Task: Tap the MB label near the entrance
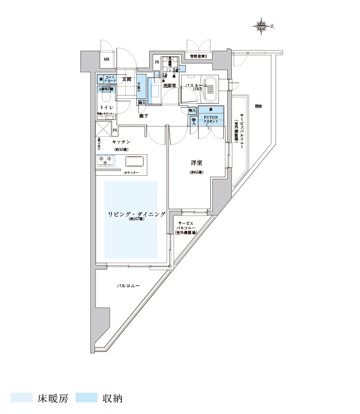coord(107,59)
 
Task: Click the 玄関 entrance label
coord(126,79)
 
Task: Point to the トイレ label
coord(106,108)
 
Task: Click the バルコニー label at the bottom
coord(128,286)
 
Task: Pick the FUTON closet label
coord(210,118)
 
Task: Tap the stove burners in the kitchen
coord(105,160)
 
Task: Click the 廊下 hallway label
coord(143,116)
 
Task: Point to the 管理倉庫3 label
coord(198,56)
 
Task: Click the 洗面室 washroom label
coord(170,86)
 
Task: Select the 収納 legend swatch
coord(86,398)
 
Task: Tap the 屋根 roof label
coord(257,106)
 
